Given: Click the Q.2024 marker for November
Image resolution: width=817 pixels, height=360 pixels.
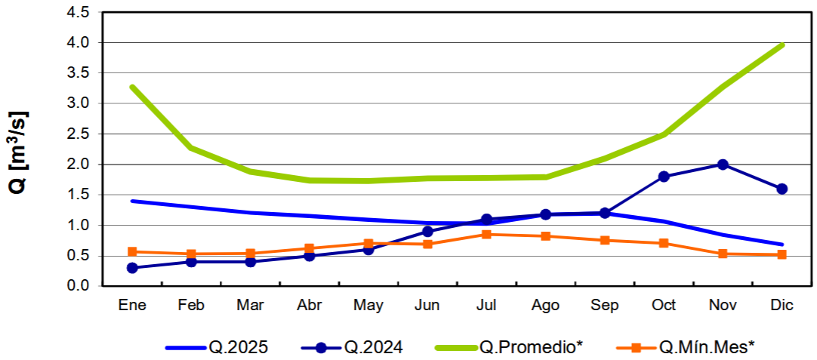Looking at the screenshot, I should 723,165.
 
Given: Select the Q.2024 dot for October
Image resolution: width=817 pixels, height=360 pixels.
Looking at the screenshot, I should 664,177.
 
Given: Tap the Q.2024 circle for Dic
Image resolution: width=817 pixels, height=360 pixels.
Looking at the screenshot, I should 782,189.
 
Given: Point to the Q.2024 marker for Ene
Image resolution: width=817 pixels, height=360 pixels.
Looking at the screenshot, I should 133,268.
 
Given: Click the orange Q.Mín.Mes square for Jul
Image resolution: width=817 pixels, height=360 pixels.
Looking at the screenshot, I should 487,234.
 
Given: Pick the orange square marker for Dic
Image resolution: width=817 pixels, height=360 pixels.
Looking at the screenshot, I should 782,254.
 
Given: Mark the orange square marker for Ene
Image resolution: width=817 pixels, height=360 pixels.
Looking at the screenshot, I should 133,251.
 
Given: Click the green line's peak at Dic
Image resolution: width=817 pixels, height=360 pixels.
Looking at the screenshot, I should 782,45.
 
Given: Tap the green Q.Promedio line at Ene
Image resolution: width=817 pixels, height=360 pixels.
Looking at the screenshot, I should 133,88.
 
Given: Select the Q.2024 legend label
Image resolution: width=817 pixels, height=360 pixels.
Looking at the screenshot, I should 373,347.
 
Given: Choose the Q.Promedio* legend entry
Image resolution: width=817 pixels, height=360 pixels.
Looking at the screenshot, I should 531,347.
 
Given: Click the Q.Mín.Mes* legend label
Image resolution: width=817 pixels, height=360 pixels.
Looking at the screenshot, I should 707,347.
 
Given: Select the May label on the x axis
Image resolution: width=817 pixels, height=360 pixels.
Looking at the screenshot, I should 368,306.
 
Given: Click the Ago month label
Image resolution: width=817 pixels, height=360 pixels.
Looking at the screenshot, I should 545,306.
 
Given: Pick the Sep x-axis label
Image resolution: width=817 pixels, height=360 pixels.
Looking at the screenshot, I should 604,306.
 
